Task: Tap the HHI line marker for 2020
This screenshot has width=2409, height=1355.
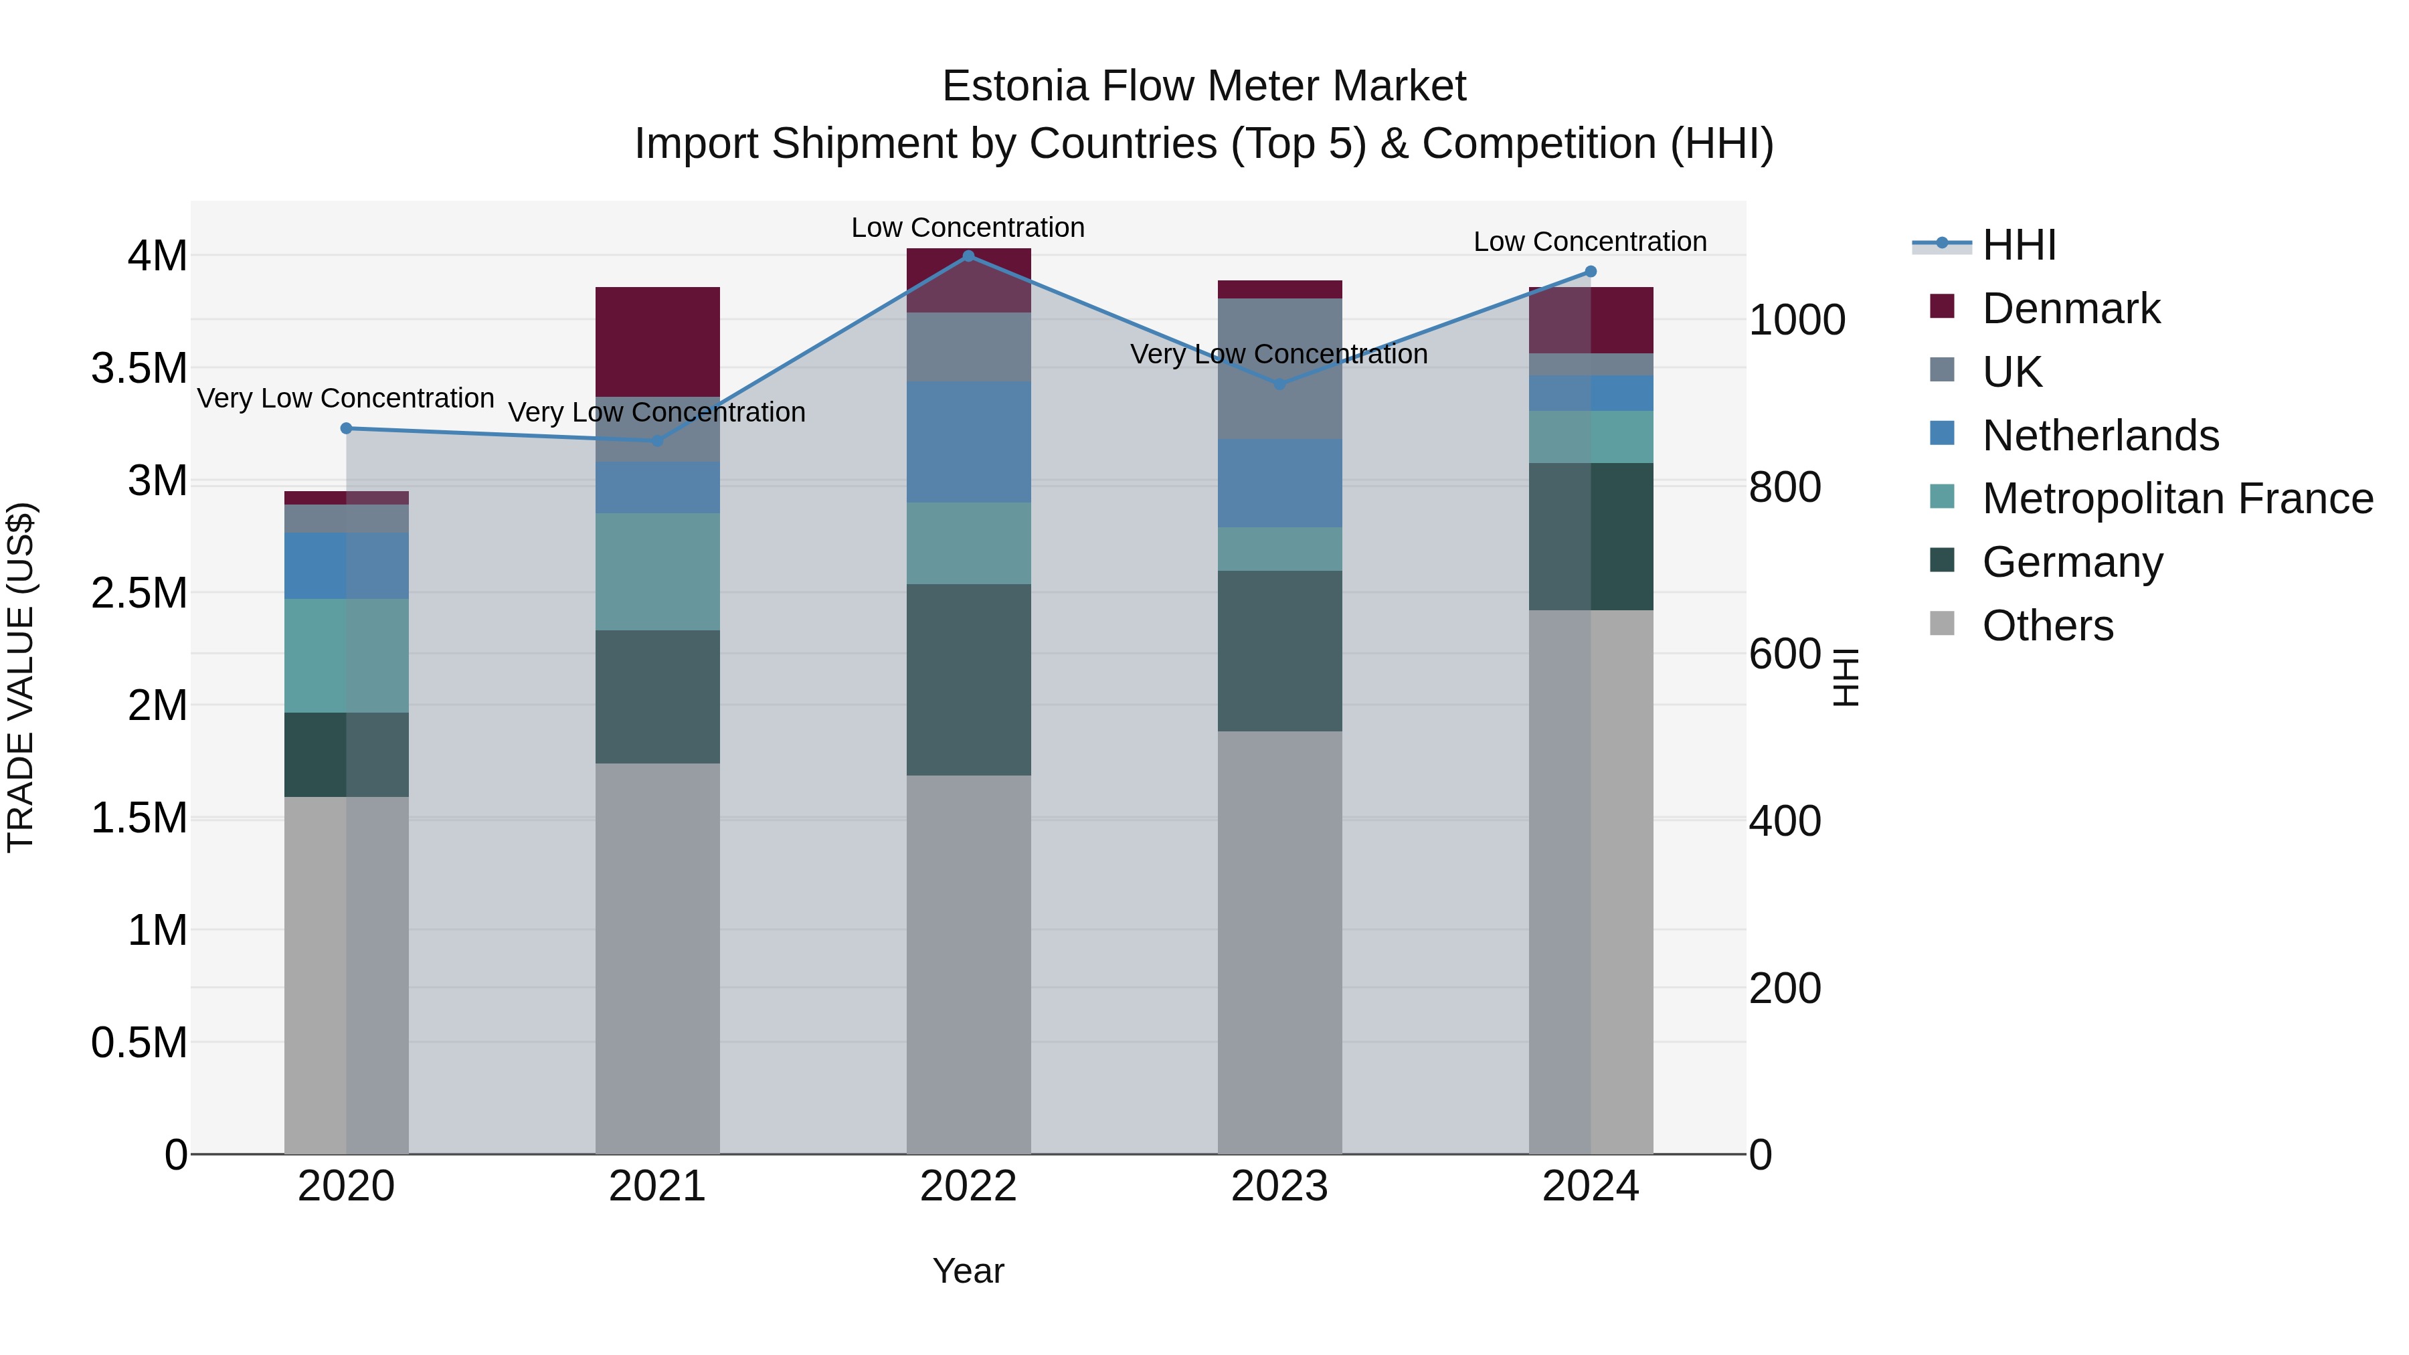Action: pos(346,428)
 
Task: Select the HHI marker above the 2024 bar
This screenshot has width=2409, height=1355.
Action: pos(1591,272)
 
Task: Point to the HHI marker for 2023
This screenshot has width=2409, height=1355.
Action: pos(1280,384)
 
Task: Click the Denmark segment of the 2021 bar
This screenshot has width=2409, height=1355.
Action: pos(657,341)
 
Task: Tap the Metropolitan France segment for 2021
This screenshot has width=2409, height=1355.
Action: pos(657,571)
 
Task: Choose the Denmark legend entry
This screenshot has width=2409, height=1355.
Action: pos(2070,308)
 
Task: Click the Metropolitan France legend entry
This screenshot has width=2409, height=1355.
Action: pos(2177,499)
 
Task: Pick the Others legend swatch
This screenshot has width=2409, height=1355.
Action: pos(1943,624)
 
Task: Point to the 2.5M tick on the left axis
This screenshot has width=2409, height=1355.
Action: pos(139,593)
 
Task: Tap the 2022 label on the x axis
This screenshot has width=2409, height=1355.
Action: pos(968,1186)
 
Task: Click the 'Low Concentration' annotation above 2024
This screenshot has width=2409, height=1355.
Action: pos(1590,242)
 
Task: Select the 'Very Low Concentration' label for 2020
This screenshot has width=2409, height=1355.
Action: pos(345,398)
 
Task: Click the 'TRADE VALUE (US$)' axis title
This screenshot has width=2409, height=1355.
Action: pos(21,677)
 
